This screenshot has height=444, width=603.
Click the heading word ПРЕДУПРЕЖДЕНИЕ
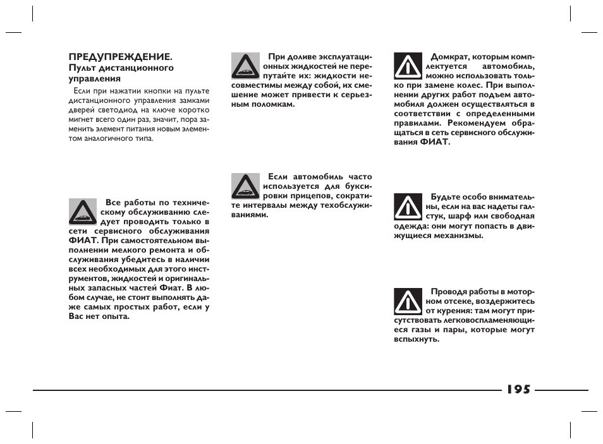pyautogui.click(x=119, y=57)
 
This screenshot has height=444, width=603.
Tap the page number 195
pyautogui.click(x=518, y=390)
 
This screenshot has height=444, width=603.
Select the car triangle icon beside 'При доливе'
pyautogui.click(x=243, y=65)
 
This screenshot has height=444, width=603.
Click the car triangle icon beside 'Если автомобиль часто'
pyautogui.click(x=243, y=185)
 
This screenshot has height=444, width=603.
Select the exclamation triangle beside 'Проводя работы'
pyautogui.click(x=408, y=301)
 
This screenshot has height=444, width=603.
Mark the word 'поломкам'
pyautogui.click(x=274, y=104)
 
